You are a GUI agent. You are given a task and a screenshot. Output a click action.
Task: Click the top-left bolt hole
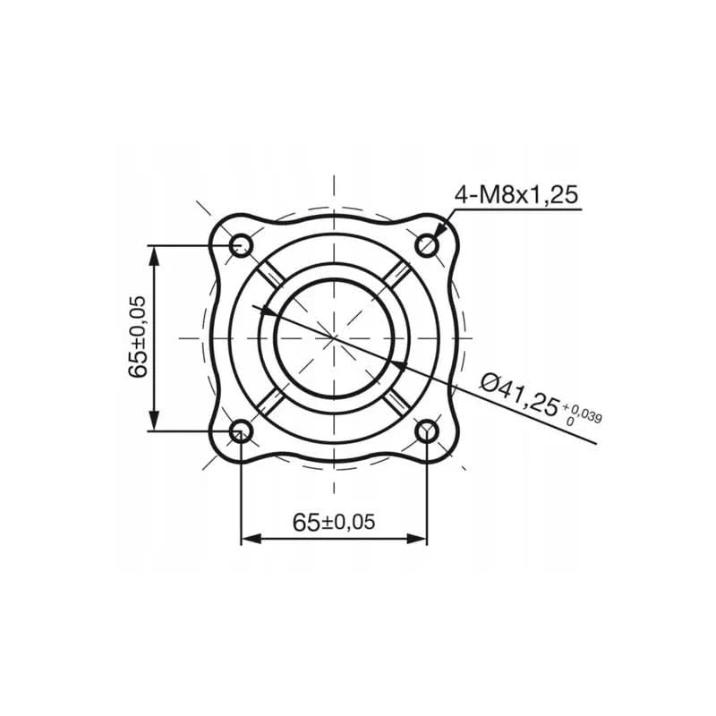point(241,244)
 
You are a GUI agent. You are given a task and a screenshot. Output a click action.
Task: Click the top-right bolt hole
point(428,244)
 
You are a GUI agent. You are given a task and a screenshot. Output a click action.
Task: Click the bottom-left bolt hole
point(241,432)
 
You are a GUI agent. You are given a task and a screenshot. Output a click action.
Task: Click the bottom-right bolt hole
point(428,432)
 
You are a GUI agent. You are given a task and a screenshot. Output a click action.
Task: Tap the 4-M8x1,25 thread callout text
point(518,194)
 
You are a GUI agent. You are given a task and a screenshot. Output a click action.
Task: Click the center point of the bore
point(334,338)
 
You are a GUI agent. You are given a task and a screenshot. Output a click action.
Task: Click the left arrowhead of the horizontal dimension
point(251,539)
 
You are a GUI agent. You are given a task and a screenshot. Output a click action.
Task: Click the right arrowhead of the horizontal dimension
point(416,539)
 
